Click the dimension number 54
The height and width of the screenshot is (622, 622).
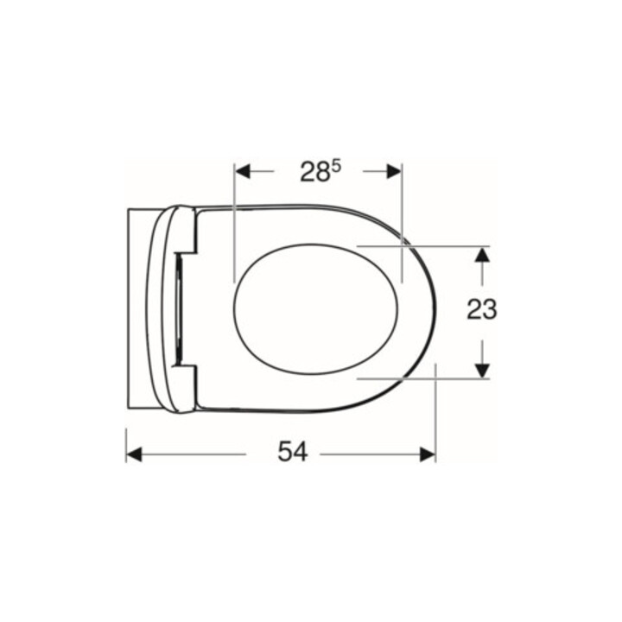pos(293,452)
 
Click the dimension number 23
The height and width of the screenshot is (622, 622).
pos(481,309)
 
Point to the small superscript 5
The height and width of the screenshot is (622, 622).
pos(336,167)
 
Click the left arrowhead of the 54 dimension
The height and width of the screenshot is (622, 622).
pos(134,454)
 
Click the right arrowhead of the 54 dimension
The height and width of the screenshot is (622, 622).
pos(428,454)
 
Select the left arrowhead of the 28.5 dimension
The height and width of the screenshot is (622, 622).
pos(243,171)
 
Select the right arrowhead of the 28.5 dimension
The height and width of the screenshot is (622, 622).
pos(394,171)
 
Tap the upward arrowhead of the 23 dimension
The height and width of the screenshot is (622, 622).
pos(482,254)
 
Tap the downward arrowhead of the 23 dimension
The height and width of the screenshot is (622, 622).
pos(482,371)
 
